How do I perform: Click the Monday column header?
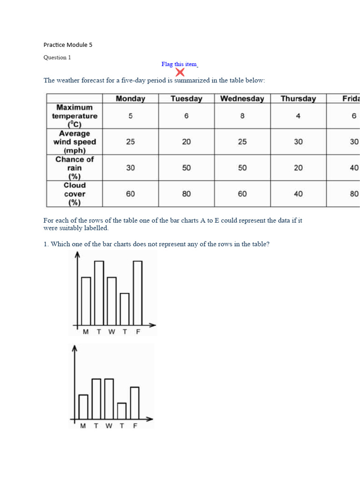[x=130, y=98]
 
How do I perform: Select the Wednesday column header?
[x=242, y=98]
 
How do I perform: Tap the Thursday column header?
[x=298, y=98]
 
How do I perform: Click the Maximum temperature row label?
[x=75, y=116]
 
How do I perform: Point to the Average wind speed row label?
[x=75, y=142]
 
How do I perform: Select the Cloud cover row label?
[x=75, y=194]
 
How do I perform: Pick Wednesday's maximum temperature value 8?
[x=242, y=116]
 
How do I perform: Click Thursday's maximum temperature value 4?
[x=298, y=116]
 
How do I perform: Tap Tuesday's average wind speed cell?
[x=187, y=142]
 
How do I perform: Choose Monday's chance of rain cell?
[x=130, y=168]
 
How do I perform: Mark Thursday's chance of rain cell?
[x=298, y=168]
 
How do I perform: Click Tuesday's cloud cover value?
[x=187, y=194]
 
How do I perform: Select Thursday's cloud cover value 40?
[x=298, y=194]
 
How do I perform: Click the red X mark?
[x=180, y=72]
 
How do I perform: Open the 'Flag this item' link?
[x=180, y=64]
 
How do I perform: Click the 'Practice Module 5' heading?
[x=68, y=45]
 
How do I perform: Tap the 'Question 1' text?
[x=57, y=58]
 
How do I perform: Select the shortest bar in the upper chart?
[x=125, y=309]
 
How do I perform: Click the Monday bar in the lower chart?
[x=83, y=406]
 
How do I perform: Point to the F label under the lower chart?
[x=135, y=426]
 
